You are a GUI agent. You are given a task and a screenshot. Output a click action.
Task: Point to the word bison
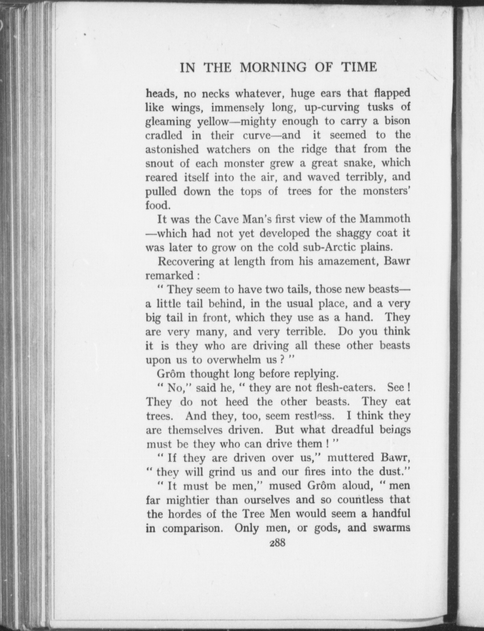tap(397, 121)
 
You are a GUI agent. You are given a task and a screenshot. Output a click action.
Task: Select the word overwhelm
tap(236, 360)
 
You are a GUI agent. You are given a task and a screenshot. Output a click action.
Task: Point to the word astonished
tap(171, 149)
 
